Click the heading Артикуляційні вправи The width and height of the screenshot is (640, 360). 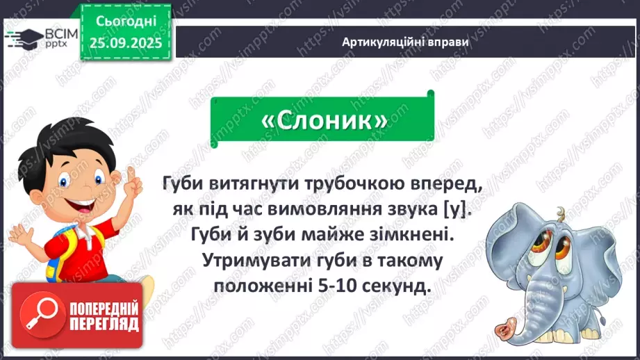tap(405, 42)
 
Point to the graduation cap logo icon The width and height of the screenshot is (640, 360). tap(22, 39)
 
